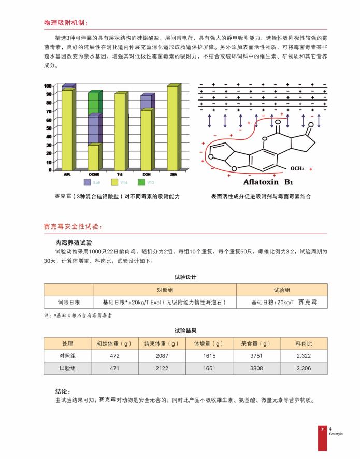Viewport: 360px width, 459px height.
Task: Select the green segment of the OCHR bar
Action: click(93, 103)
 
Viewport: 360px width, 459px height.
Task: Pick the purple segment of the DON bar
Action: click(146, 102)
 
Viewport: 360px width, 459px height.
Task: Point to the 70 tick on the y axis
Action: click(48, 111)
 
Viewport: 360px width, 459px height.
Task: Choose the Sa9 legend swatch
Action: click(87, 182)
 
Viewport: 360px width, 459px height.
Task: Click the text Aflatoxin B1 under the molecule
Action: click(269, 182)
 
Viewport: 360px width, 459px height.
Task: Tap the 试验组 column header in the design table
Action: click(281, 290)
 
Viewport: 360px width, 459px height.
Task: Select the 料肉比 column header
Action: click(304, 343)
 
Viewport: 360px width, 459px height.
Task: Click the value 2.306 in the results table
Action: click(304, 368)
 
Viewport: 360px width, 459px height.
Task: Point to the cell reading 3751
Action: click(256, 356)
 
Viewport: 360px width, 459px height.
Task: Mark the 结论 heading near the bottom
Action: click(63, 391)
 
